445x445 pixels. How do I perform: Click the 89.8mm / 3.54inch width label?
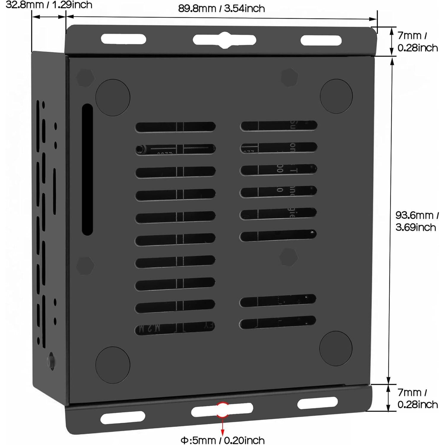click(221, 8)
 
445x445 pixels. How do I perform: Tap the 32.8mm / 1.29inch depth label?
click(49, 5)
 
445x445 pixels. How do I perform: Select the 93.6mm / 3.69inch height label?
click(417, 221)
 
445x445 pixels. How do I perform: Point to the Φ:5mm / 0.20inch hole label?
click(223, 440)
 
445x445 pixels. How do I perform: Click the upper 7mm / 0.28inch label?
click(417, 42)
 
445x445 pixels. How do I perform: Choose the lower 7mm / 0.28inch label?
click(417, 398)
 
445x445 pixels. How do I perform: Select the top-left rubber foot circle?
click(113, 97)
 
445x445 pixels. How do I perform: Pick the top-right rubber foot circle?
click(336, 96)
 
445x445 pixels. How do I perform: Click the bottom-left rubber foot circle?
click(113, 365)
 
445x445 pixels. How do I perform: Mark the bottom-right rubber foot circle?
click(336, 349)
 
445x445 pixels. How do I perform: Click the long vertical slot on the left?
click(87, 169)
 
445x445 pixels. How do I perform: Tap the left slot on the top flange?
click(123, 39)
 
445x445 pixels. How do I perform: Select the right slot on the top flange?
click(321, 40)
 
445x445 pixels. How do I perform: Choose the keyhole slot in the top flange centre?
click(224, 40)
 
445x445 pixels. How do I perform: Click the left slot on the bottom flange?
click(123, 417)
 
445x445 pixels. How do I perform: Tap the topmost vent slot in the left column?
click(175, 127)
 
